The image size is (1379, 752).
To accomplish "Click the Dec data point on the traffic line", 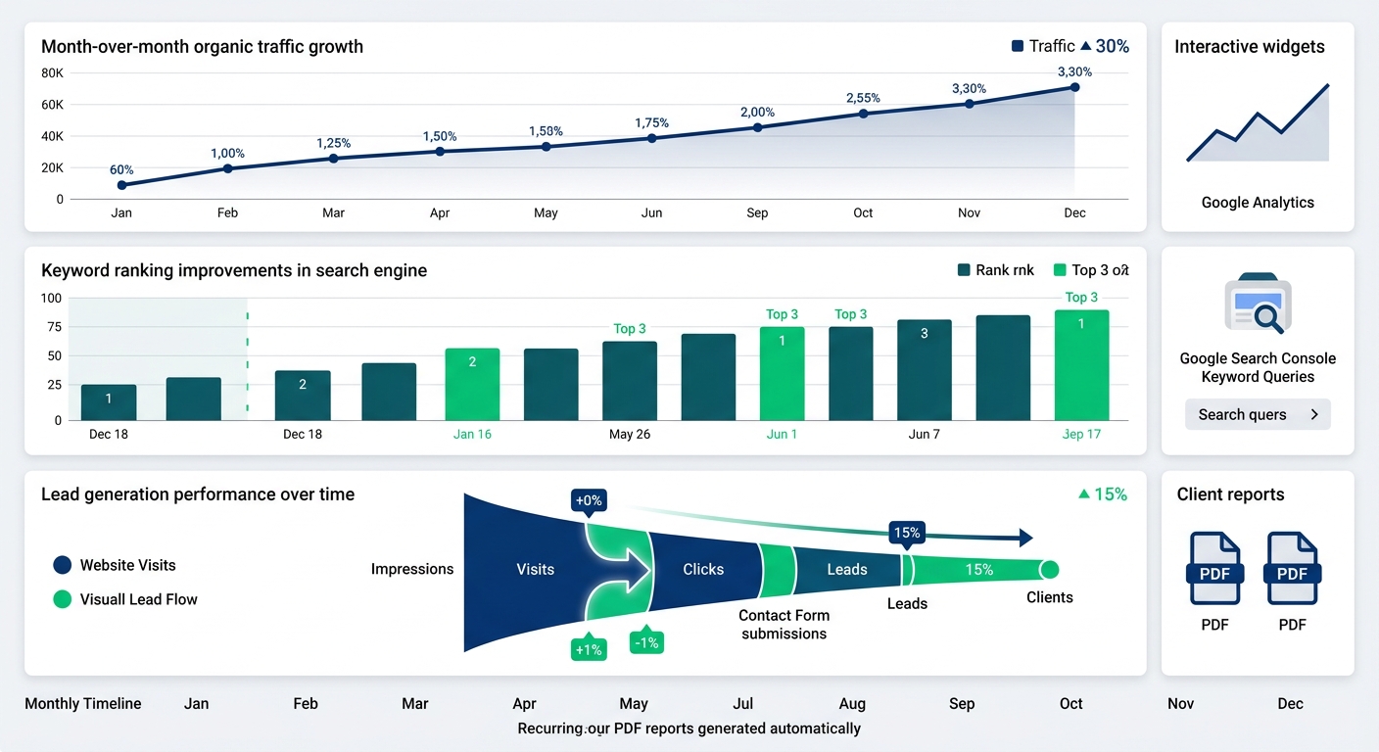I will [1074, 87].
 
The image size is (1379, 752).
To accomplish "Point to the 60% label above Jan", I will [121, 169].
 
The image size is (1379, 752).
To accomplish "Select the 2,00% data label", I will [757, 112].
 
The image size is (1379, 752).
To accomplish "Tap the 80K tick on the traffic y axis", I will [52, 73].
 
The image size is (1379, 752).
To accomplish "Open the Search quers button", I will [1257, 414].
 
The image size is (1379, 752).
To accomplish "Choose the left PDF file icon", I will [1214, 570].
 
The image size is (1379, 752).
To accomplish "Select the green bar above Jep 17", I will [1081, 364].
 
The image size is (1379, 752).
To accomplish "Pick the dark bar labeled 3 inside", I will [924, 369].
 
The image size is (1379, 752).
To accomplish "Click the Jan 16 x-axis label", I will [472, 434].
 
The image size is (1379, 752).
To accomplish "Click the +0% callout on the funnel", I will [589, 500].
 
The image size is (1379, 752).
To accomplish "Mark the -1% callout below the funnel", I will [646, 642].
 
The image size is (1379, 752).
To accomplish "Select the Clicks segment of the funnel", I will [703, 569].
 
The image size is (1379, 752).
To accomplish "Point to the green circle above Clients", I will [1049, 569].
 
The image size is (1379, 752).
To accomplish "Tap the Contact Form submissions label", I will [784, 624].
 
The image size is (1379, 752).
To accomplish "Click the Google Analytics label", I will [1258, 203].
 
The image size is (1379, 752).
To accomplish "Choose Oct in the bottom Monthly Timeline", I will [1070, 703].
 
